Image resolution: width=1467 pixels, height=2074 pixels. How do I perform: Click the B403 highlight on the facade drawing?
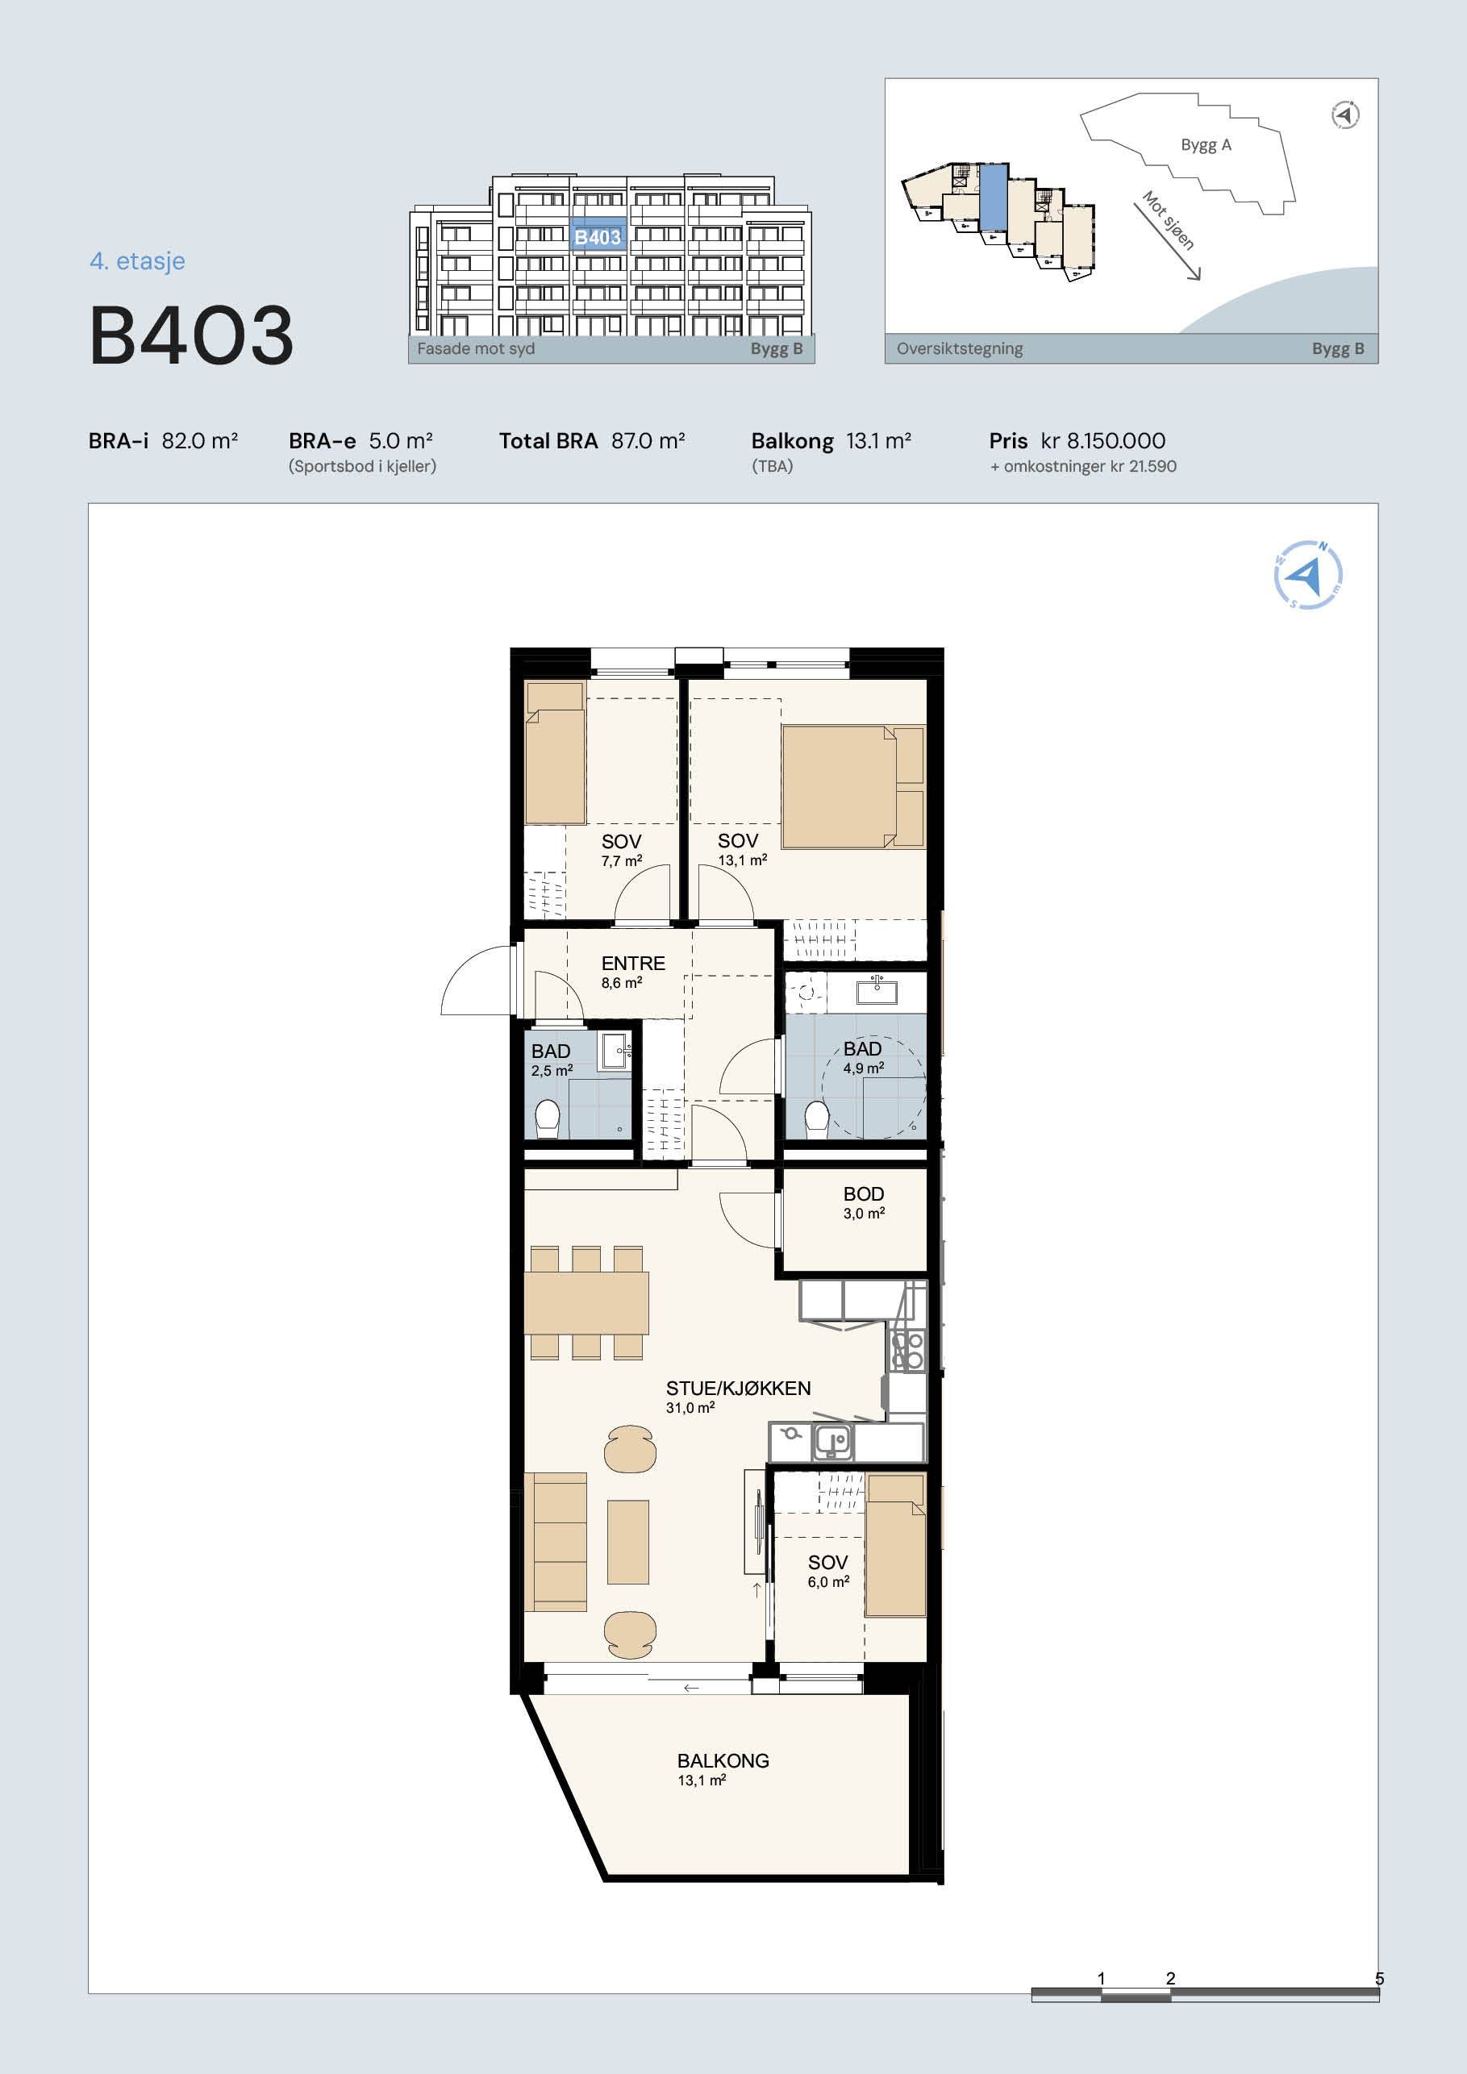coord(598,236)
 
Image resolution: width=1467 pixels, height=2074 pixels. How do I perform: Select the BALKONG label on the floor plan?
coord(723,1760)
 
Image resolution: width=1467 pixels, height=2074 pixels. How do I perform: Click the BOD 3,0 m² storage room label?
coord(864,1202)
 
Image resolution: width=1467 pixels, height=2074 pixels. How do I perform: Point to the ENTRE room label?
coord(633,963)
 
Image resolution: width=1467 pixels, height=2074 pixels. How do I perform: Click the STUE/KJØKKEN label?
coord(738,1389)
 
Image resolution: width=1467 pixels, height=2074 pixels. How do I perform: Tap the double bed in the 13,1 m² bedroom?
coord(853,786)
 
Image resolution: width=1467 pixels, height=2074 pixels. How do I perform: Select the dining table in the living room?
coord(586,1302)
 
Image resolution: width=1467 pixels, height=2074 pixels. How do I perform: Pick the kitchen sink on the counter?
coord(833,1442)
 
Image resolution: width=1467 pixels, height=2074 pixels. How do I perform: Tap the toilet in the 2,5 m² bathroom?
coord(548,1118)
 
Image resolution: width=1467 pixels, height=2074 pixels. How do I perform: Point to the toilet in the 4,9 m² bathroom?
coord(817,1118)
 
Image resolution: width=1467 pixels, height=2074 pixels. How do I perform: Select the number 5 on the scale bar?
coord(1378,1978)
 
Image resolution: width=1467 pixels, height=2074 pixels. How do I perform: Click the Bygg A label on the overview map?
coord(1206,144)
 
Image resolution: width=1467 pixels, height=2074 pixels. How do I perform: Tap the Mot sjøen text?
coord(1167,219)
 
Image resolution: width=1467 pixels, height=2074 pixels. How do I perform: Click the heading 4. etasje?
coord(137,261)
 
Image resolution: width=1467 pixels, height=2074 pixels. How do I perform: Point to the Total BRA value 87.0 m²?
coord(648,441)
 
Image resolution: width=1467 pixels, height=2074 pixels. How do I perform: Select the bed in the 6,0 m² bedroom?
coord(895,1545)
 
